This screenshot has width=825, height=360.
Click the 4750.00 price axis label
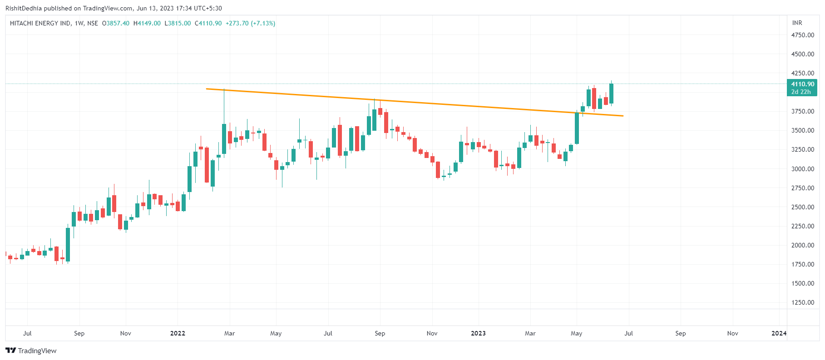tap(802, 35)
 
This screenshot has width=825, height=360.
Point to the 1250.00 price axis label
tap(802, 302)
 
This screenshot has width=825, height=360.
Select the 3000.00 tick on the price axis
tap(802, 169)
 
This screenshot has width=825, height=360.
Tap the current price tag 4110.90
tap(802, 84)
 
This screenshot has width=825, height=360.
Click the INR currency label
tap(797, 23)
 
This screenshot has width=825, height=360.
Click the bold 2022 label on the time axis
tap(178, 333)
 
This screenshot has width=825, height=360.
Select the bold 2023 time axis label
tap(478, 333)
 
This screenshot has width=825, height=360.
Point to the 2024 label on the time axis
tap(779, 333)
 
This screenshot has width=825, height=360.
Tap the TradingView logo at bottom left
tap(31, 350)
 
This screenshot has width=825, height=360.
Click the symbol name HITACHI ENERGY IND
tap(40, 23)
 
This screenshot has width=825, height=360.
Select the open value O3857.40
tap(116, 23)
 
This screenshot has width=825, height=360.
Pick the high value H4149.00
tap(147, 23)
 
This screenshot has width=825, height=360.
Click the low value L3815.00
tap(178, 23)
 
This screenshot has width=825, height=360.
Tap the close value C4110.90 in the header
tap(208, 23)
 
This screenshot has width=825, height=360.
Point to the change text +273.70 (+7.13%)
tap(250, 23)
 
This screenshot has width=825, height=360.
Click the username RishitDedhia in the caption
tap(24, 8)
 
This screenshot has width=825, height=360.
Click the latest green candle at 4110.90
tap(611, 94)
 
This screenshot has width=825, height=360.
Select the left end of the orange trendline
tap(207, 89)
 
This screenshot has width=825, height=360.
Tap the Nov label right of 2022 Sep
tap(432, 333)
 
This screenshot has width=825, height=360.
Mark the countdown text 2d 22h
tap(801, 92)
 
